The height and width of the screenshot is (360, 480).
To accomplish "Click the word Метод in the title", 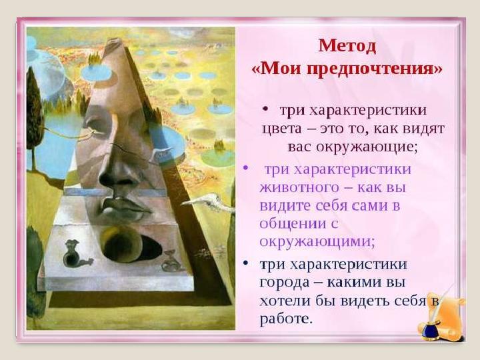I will pyautogui.click(x=347, y=45).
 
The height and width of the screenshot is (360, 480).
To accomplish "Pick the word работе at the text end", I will pyautogui.click(x=285, y=319).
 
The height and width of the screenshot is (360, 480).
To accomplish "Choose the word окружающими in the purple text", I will pyautogui.click(x=317, y=240).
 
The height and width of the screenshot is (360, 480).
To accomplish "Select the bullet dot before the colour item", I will pyautogui.click(x=265, y=108).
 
